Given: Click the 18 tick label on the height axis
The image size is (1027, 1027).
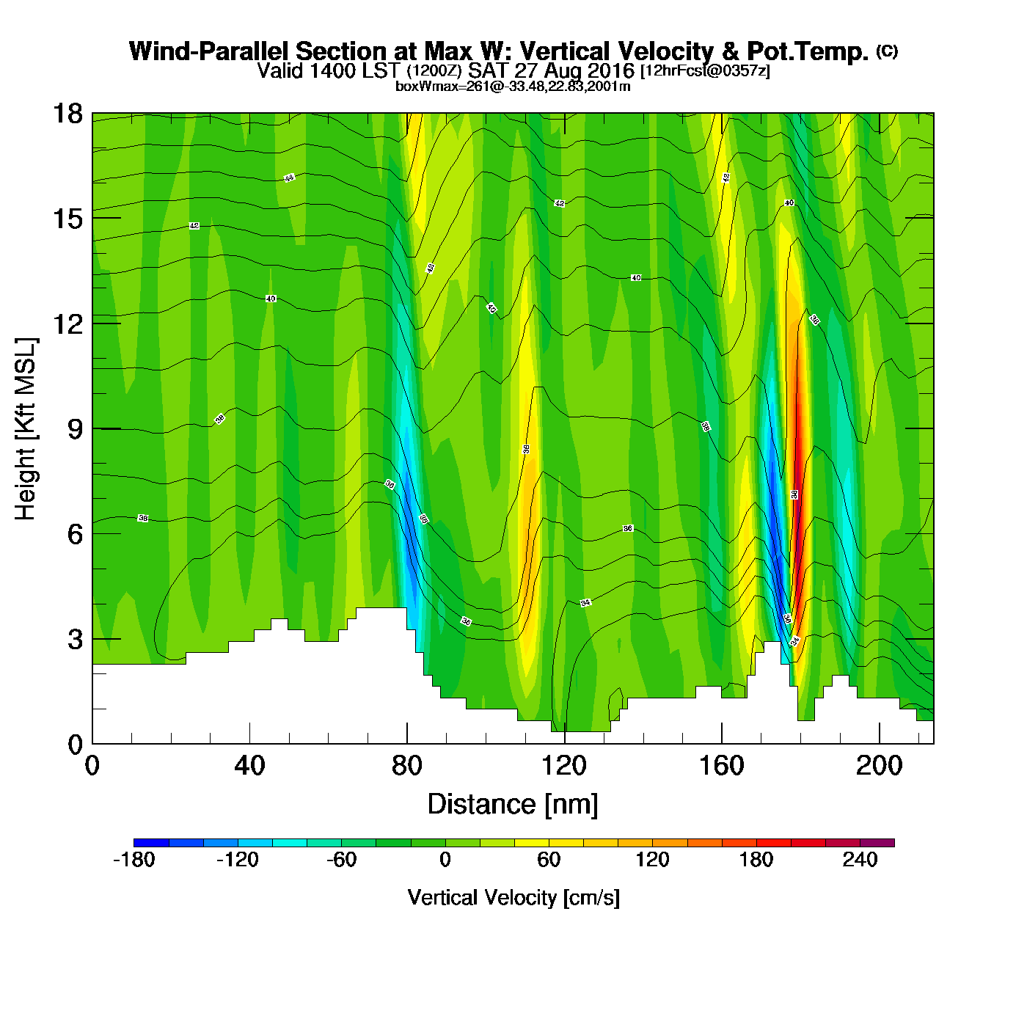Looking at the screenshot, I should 67,114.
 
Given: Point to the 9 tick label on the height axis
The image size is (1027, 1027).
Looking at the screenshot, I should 75,429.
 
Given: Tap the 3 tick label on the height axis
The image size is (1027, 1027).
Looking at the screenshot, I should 75,639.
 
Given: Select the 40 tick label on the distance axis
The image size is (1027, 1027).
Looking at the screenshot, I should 249,766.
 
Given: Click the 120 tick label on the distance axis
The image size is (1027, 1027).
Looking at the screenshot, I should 564,766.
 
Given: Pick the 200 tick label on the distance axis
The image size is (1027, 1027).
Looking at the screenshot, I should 879,766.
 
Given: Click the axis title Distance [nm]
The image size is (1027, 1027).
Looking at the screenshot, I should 513,805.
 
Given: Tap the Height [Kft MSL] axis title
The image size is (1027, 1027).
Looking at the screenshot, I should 26,429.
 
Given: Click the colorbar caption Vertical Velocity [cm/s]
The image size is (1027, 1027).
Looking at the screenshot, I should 513,898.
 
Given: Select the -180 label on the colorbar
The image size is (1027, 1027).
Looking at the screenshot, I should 134,860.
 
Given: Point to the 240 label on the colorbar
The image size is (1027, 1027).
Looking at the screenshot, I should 860,860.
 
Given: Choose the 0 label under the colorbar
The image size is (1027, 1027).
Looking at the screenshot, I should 445,860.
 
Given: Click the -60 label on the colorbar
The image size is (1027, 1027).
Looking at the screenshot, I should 342,860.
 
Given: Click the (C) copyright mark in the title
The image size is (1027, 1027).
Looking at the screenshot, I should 887,51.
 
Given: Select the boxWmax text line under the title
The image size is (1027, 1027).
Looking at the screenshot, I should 513,86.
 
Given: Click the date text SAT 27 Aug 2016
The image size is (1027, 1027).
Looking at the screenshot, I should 551,70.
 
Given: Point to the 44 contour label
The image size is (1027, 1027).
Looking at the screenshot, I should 289,178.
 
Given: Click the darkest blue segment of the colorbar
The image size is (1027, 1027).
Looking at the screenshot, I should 151,843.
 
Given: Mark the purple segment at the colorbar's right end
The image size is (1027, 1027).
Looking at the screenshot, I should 877,843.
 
